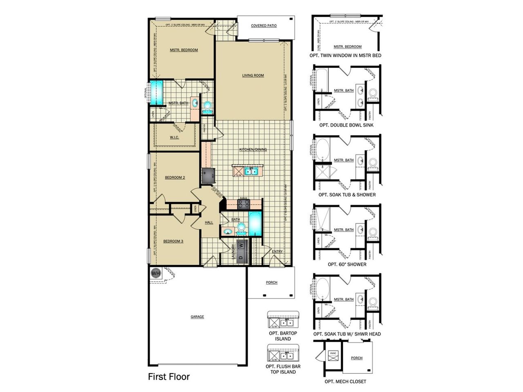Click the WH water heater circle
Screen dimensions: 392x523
[x=156, y=273]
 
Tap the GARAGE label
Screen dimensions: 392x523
[x=197, y=317]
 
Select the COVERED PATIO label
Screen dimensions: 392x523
[x=264, y=26]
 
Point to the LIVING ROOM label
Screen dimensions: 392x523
[x=253, y=76]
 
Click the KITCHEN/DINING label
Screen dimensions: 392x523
[x=253, y=149]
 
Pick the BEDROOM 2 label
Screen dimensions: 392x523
[x=175, y=178]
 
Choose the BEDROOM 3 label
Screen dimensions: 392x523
[x=173, y=241]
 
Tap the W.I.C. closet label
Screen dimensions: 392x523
[x=174, y=138]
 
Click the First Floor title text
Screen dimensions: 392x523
[x=169, y=376]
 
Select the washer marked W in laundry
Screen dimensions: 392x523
[x=241, y=245]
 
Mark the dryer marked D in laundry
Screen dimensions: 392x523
[x=241, y=258]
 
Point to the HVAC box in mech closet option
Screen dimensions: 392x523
[x=333, y=354]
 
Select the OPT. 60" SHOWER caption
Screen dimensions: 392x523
[x=347, y=264]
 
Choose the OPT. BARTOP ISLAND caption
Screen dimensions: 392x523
[x=283, y=336]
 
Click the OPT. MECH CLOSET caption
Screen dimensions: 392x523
[x=345, y=381]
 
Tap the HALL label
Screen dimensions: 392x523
[x=209, y=223]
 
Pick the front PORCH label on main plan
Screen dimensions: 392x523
[x=271, y=283]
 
